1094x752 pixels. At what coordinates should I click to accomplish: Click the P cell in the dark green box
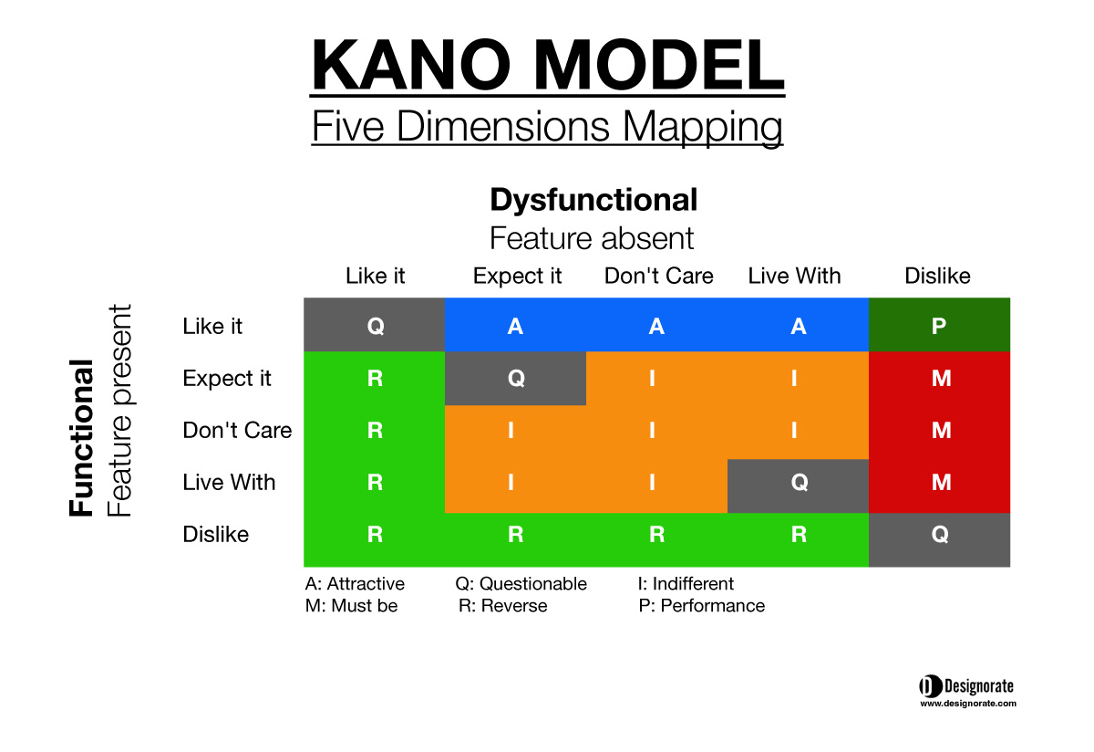939,325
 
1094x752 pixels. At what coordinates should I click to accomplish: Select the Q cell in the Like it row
375,325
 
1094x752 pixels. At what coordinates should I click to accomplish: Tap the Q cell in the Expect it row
516,378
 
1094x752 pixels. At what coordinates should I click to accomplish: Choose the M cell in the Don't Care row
941,430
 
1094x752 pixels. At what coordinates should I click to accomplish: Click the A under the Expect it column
515,326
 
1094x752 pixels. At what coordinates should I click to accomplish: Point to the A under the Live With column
798,326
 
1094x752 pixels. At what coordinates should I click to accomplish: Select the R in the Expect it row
375,378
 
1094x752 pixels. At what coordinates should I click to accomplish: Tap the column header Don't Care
658,276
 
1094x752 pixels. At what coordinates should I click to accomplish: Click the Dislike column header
937,276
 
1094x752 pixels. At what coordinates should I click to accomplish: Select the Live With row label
229,482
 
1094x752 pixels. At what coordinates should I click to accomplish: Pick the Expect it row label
227,379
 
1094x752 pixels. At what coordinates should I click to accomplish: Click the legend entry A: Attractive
355,583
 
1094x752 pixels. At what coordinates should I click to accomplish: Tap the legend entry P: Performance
701,606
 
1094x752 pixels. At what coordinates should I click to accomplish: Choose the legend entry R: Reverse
502,606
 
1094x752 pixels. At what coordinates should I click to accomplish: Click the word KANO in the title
411,65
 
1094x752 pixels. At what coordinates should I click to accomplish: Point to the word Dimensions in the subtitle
503,126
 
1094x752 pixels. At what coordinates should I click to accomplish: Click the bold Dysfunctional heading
593,201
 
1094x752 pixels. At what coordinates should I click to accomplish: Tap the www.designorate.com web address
968,704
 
